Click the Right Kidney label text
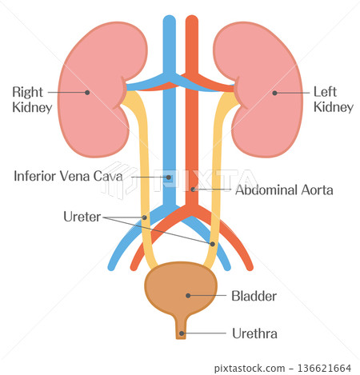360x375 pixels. tap(32, 100)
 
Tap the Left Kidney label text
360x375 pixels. tap(334, 99)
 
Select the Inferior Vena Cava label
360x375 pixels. tap(68, 176)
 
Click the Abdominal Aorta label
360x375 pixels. tap(284, 190)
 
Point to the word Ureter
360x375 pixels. tap(82, 217)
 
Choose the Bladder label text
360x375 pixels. tap(254, 296)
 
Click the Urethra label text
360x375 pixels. tap(254, 333)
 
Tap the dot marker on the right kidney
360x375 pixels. tap(87, 93)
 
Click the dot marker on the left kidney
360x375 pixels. tap(274, 93)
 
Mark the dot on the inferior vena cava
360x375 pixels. tap(169, 178)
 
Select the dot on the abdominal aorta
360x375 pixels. tap(193, 189)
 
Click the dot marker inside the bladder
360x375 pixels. tap(188, 296)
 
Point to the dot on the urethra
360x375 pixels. tap(182, 333)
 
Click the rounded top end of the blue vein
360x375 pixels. tap(170, 18)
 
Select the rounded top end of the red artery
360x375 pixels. tap(192, 18)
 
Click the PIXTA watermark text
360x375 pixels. tap(206, 181)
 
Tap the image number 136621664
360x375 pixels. tap(324, 369)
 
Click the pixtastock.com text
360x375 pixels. tap(250, 369)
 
